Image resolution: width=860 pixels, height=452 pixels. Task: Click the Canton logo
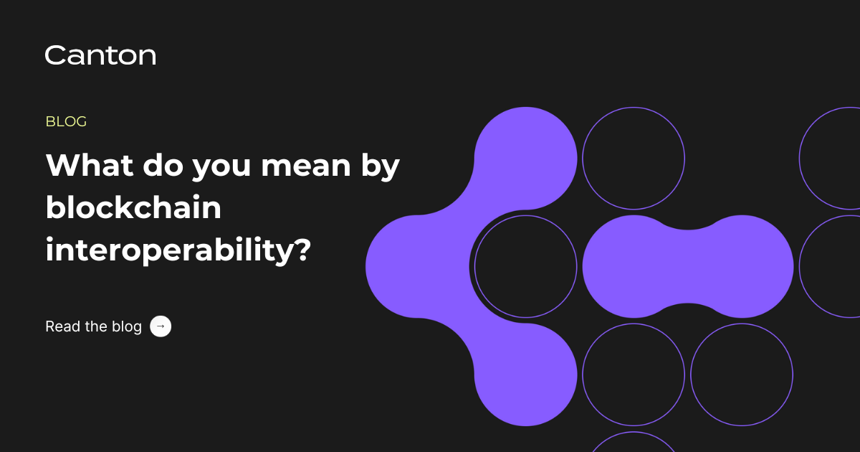pyautogui.click(x=100, y=55)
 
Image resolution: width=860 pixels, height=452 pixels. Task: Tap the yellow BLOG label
pyautogui.click(x=66, y=122)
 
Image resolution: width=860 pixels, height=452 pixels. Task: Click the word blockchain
pyautogui.click(x=133, y=208)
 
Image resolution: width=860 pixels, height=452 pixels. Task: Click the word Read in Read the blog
pyautogui.click(x=62, y=326)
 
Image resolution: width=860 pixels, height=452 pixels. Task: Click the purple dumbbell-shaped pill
pyautogui.click(x=688, y=266)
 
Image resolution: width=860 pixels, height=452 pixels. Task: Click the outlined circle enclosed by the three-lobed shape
pyautogui.click(x=525, y=266)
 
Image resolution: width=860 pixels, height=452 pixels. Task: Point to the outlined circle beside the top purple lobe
pyautogui.click(x=634, y=158)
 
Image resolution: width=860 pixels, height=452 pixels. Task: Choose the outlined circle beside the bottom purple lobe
pyautogui.click(x=634, y=375)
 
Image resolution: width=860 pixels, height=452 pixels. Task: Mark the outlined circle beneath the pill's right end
pyautogui.click(x=742, y=375)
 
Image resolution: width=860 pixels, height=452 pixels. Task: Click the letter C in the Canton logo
pyautogui.click(x=55, y=55)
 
